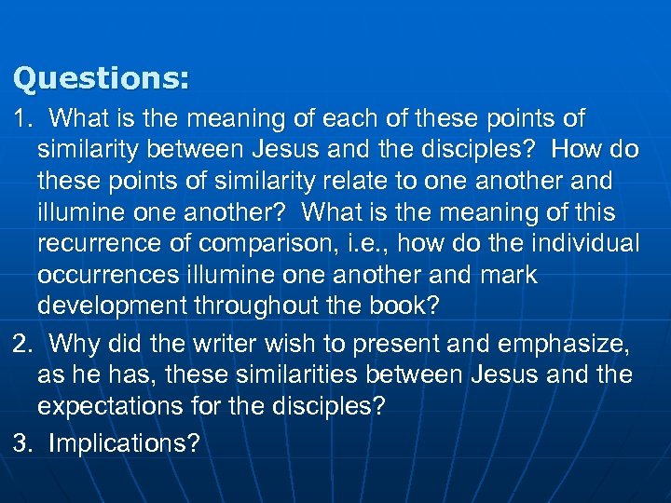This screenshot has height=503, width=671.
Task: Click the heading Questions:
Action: tap(101, 77)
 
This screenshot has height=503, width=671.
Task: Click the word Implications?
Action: tap(124, 444)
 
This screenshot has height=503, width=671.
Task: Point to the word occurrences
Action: tap(104, 276)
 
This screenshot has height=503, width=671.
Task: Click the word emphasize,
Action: tap(564, 345)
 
